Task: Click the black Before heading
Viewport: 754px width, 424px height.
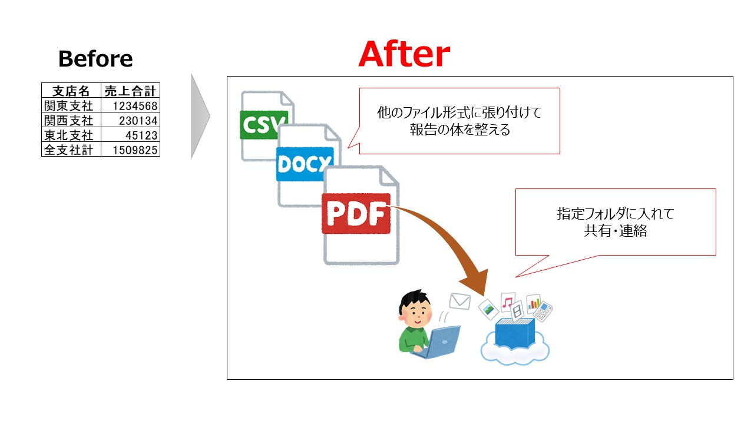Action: (95, 59)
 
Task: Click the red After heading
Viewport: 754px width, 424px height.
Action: (404, 54)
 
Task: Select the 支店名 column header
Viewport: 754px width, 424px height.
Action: (71, 91)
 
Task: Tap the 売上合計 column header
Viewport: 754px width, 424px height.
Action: (130, 91)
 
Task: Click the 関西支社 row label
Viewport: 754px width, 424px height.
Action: (69, 121)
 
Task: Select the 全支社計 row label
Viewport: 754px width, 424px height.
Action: (69, 150)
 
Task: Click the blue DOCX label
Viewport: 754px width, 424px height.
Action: (305, 164)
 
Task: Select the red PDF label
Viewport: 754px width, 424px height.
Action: (356, 214)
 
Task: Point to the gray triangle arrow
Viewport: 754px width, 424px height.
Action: (200, 116)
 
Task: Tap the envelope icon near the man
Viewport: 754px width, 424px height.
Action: (460, 301)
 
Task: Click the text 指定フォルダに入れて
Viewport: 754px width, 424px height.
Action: (615, 214)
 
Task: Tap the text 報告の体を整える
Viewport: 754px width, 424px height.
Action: (459, 130)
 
